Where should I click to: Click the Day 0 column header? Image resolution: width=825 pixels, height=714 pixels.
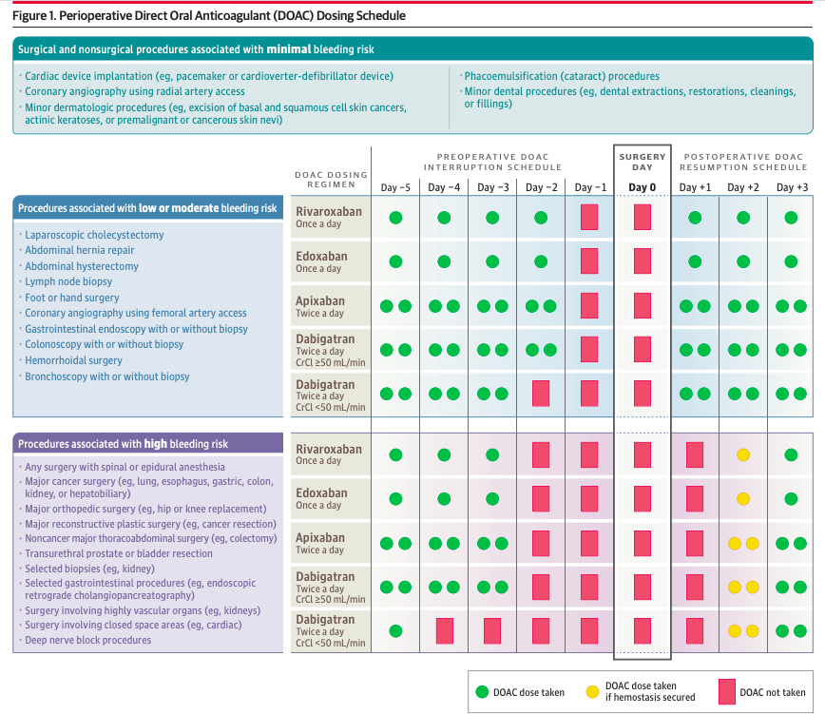[643, 187]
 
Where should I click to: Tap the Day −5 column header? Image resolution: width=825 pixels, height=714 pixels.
[395, 187]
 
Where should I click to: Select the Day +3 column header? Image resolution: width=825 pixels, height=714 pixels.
[791, 187]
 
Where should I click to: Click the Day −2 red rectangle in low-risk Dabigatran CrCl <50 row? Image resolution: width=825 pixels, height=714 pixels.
[541, 394]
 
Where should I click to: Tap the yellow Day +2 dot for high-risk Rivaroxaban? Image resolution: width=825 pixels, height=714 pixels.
[743, 454]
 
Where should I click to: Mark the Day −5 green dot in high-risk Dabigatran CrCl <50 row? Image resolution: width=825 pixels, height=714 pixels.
[395, 630]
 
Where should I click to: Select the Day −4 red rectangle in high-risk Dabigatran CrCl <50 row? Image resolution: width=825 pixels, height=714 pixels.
[444, 630]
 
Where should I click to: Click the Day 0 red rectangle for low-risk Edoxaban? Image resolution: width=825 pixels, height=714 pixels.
[643, 261]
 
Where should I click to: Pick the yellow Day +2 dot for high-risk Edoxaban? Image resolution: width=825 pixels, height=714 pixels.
[743, 498]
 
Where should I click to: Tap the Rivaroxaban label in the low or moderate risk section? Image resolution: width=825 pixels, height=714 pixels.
[328, 211]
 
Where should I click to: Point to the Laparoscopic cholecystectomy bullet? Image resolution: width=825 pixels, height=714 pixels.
[94, 235]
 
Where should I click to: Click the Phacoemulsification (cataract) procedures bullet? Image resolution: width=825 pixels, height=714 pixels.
[561, 76]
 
